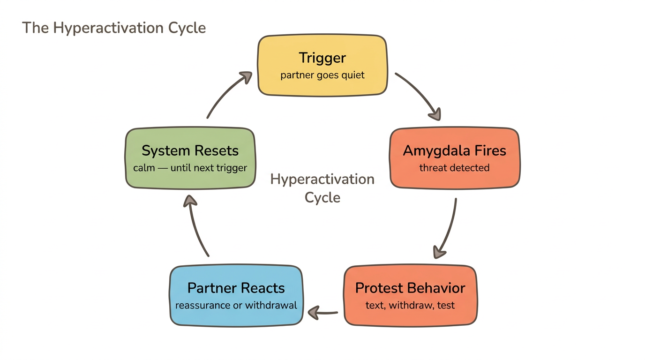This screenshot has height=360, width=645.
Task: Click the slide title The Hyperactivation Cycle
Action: point(114,28)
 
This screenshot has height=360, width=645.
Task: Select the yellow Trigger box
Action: point(322,66)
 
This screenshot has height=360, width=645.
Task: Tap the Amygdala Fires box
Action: point(454,158)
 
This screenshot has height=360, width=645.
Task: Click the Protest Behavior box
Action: point(410,296)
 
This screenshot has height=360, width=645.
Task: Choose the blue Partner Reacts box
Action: point(236,296)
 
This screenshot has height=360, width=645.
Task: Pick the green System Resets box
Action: point(190,158)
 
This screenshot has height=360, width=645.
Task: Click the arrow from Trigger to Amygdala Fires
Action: point(420,96)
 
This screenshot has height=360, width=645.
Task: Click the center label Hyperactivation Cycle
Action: point(322,188)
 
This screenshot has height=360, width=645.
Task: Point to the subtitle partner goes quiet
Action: point(322,75)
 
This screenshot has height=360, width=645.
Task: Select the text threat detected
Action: point(454,168)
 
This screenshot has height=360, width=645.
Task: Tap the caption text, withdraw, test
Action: point(410,305)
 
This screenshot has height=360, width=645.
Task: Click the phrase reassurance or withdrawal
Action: point(236,305)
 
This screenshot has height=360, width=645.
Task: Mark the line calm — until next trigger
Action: point(190,168)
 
